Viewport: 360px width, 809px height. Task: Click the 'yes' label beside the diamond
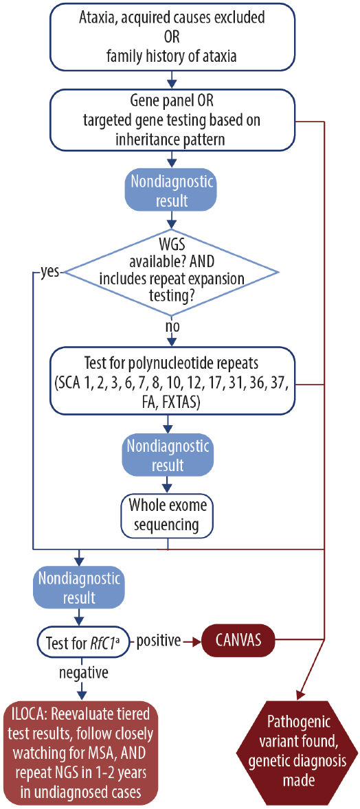47,273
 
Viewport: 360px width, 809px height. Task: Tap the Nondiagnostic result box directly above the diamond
169,192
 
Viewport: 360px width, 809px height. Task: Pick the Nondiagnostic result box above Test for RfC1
80,587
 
